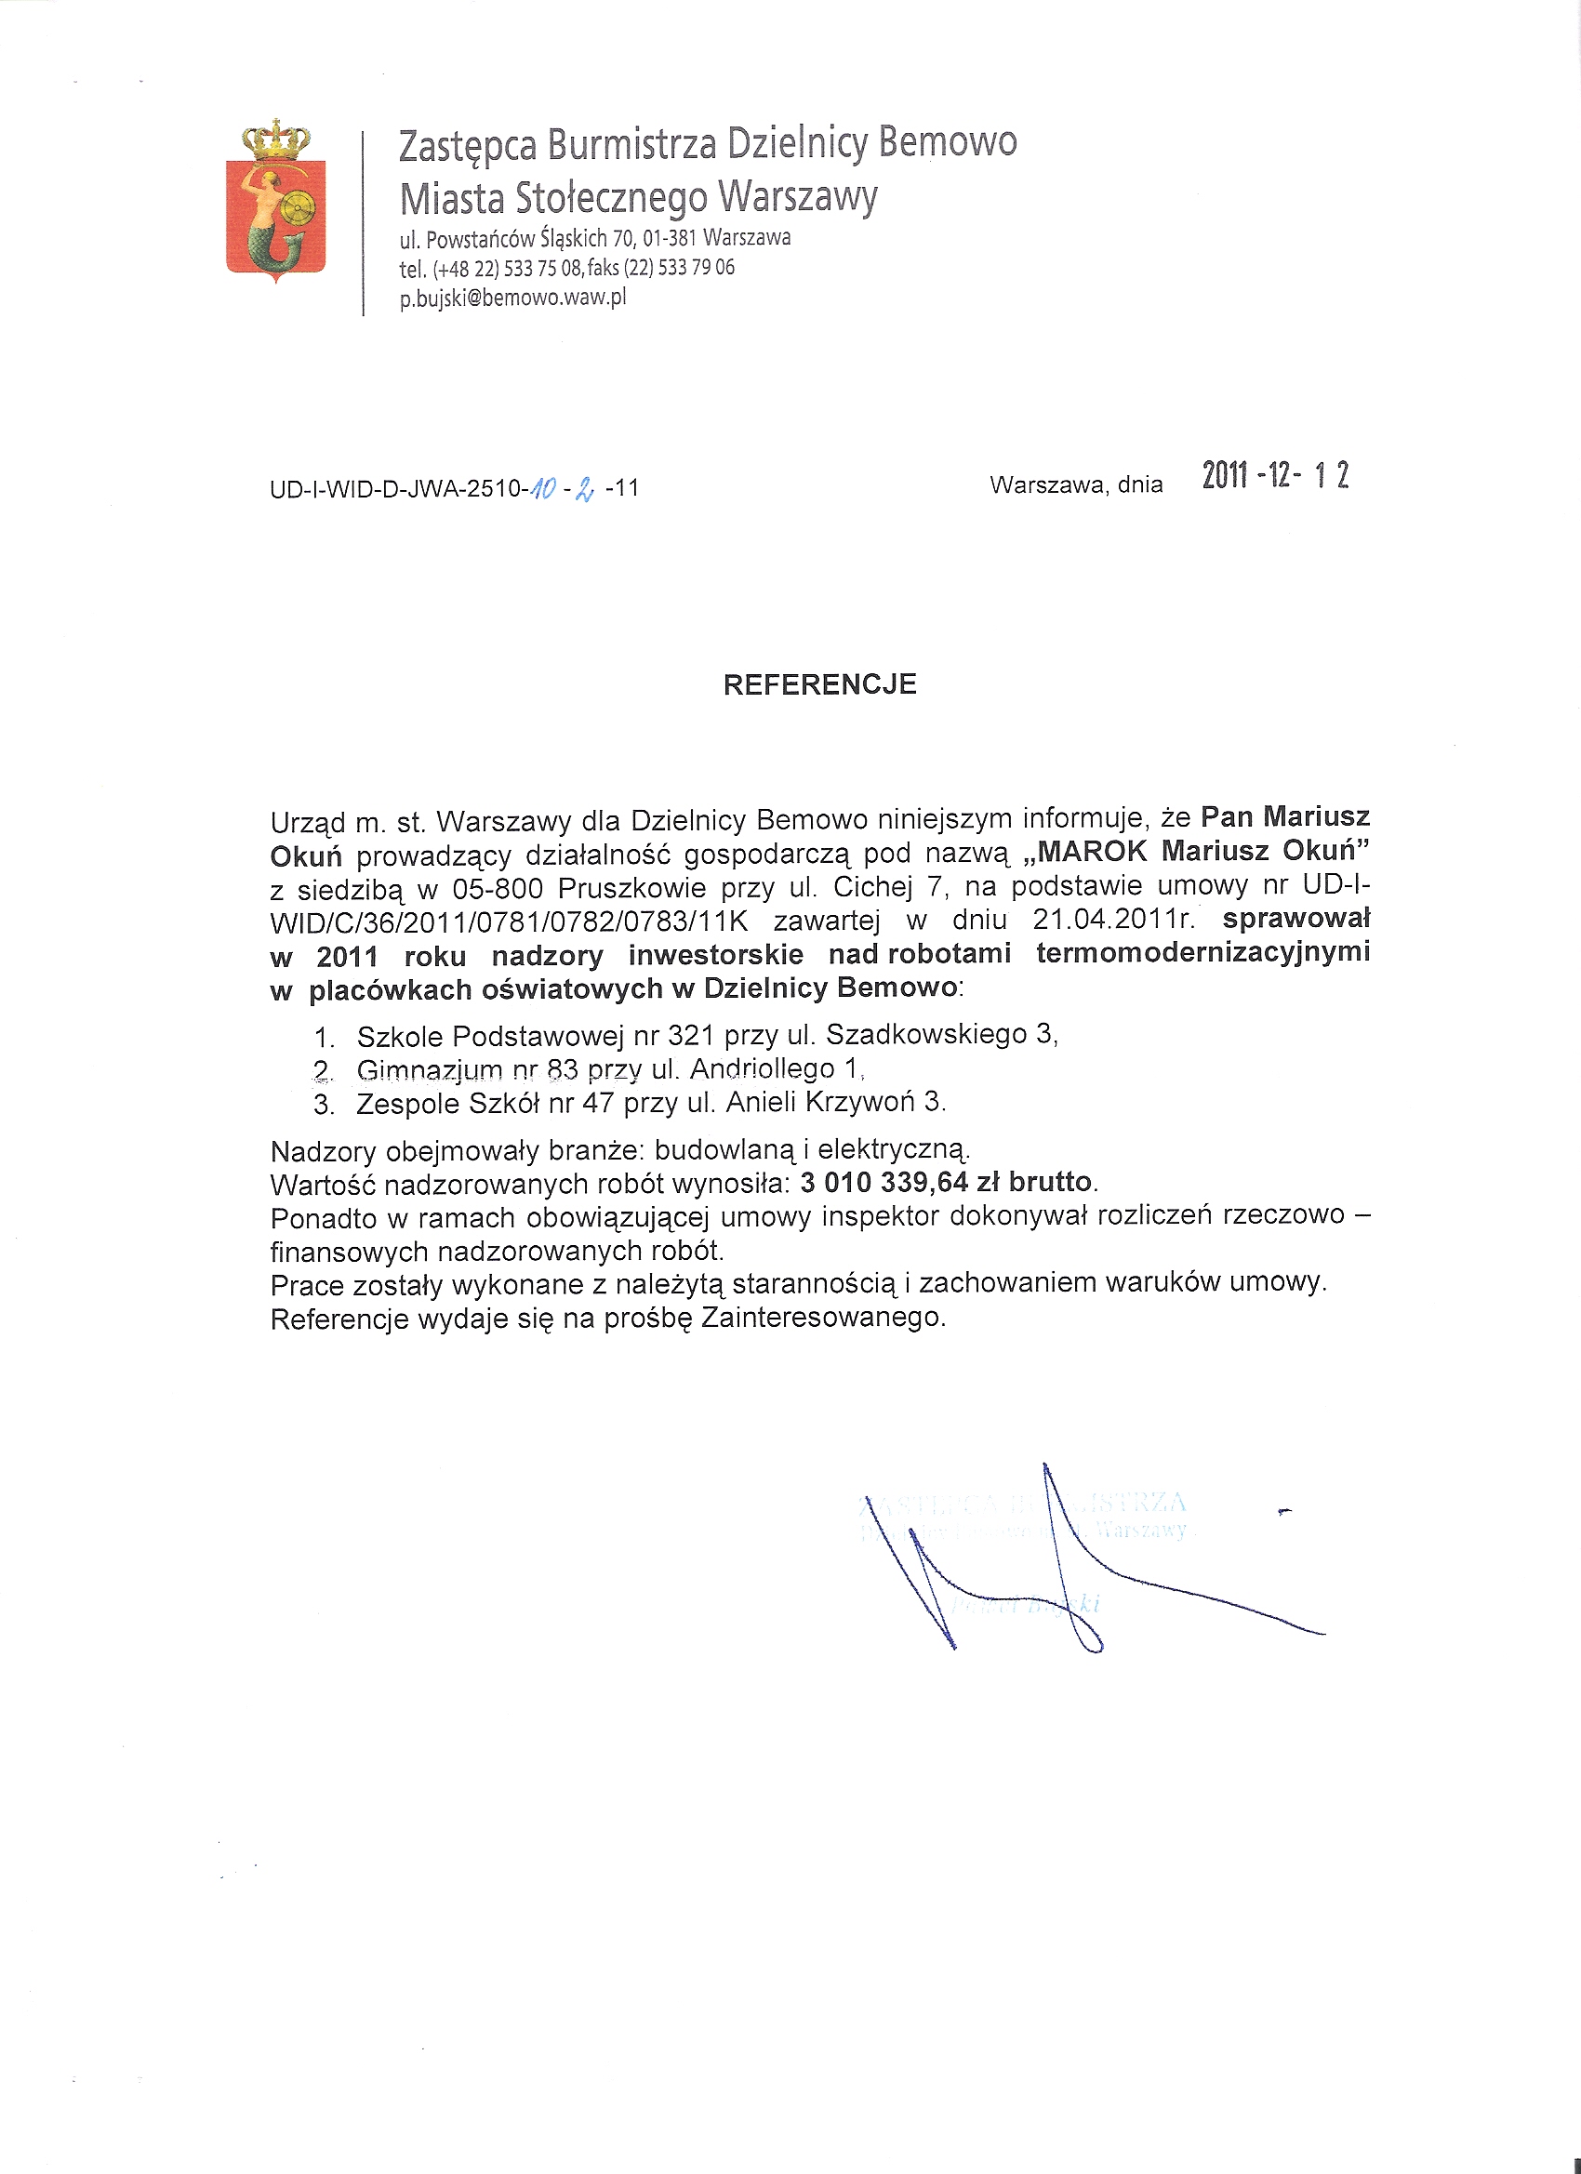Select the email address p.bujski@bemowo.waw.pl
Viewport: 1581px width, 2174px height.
tap(512, 298)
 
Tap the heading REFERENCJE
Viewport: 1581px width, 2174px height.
tap(819, 684)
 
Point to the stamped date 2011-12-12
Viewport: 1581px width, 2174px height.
tap(1275, 475)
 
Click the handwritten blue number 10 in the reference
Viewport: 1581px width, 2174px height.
tap(544, 489)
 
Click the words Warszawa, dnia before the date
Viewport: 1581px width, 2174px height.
tap(1076, 485)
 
